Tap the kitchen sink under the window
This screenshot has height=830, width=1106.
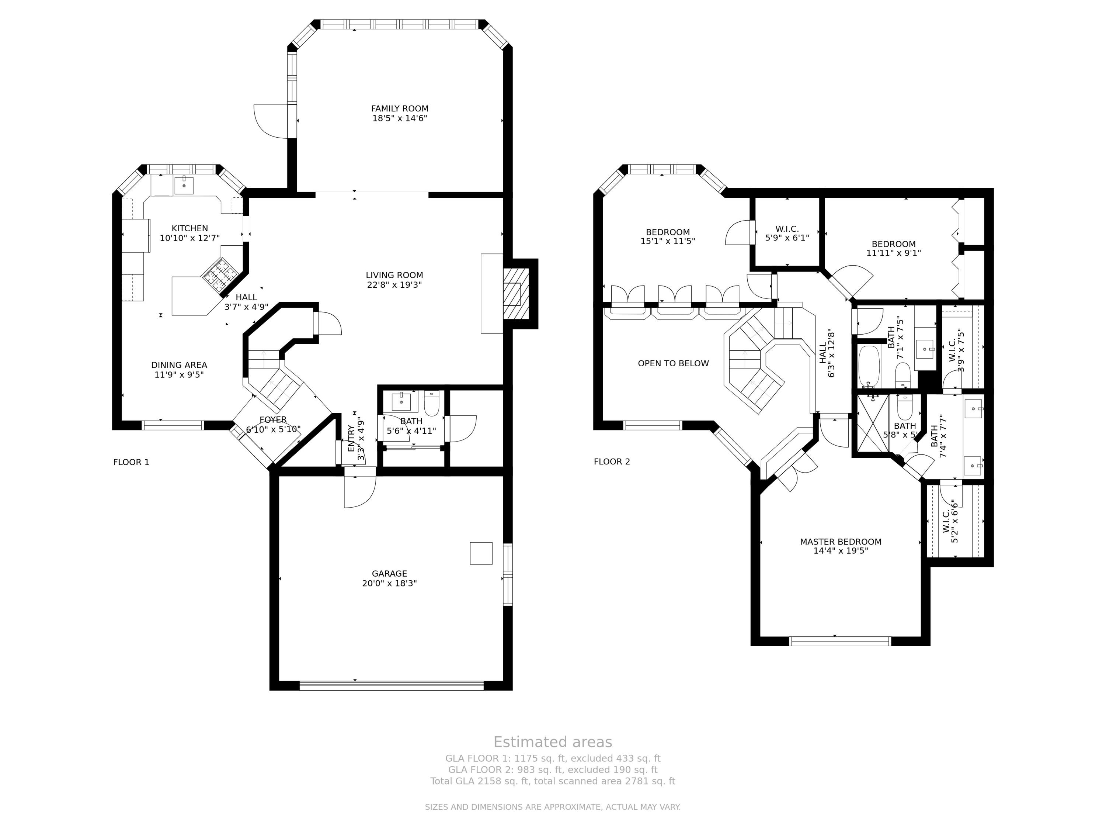coord(184,185)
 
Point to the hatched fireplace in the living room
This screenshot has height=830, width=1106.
coord(515,294)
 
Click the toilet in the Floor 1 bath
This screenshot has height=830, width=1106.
coord(431,403)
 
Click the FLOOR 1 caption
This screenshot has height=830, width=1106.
coord(131,462)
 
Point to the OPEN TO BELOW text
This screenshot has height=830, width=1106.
coord(673,363)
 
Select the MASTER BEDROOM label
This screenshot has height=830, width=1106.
coord(841,542)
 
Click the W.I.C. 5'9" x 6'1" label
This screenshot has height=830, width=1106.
coord(787,234)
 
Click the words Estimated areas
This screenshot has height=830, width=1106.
coord(553,742)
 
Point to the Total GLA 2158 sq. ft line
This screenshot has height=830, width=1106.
coord(553,781)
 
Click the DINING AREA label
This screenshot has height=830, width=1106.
coord(179,365)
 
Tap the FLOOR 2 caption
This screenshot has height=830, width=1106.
coord(612,462)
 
